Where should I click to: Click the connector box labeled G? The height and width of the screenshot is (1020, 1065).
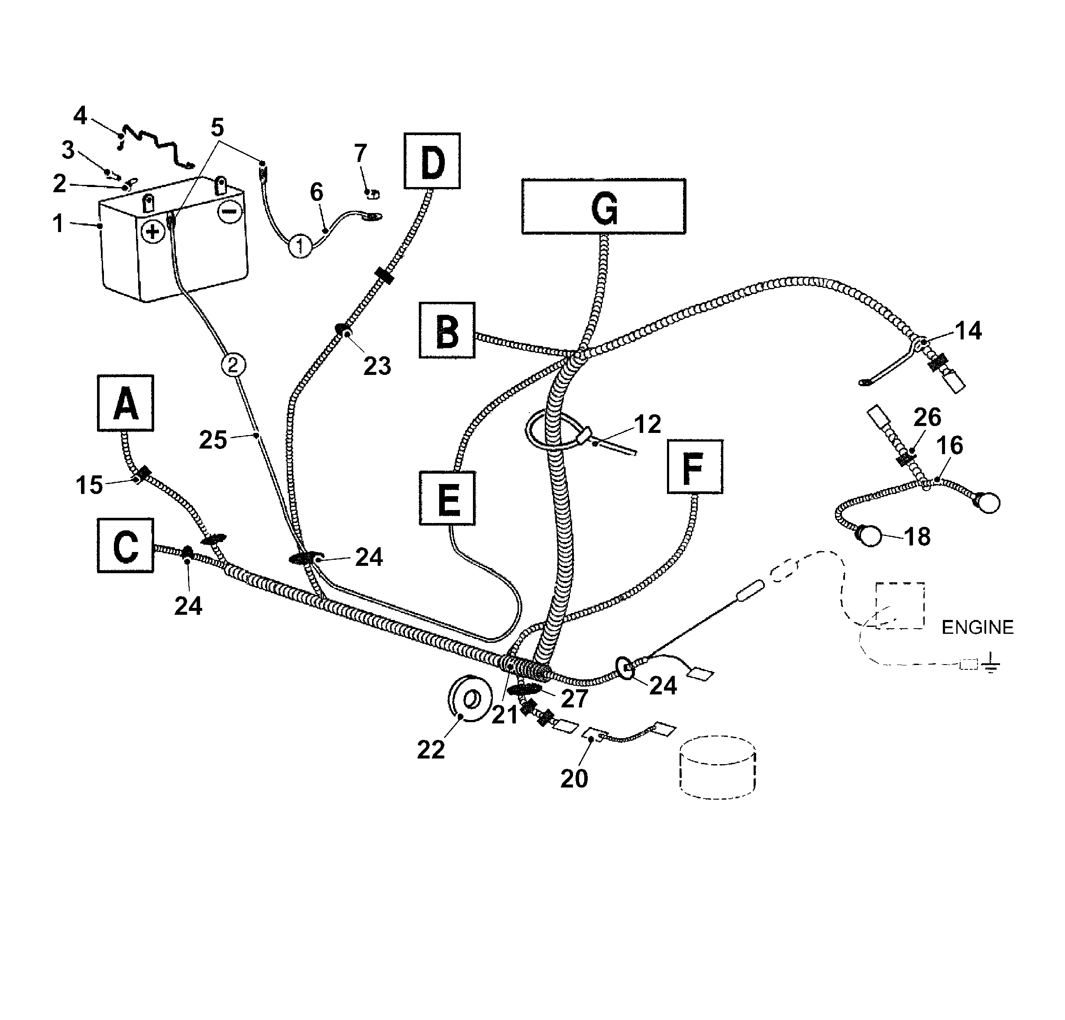[603, 207]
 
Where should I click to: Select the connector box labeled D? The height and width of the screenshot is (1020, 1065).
[432, 161]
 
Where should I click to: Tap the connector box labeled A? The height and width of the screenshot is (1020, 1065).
[126, 403]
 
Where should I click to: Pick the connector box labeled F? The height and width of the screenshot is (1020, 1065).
[695, 467]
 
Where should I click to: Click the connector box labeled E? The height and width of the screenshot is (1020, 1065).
[447, 498]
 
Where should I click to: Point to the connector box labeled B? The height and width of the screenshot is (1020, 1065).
[447, 330]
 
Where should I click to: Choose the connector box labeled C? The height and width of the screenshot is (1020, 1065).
[126, 546]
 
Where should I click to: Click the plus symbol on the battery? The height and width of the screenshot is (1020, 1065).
[153, 232]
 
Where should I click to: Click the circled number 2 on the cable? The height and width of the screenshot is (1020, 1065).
[233, 365]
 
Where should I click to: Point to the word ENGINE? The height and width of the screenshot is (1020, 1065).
[977, 627]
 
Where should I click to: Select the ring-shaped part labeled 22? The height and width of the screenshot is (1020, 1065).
[470, 698]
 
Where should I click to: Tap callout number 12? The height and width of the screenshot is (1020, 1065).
[647, 424]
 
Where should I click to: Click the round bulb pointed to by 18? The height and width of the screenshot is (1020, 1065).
[871, 536]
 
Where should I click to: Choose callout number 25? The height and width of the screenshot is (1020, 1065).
[213, 439]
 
